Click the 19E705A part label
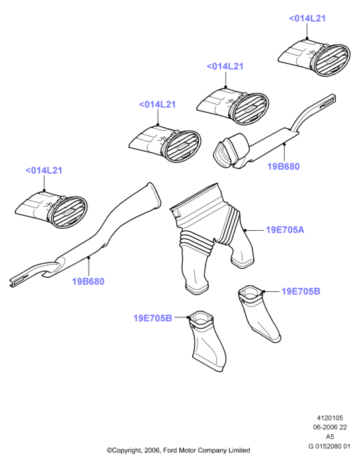coord(285,229)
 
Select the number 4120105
coord(330,418)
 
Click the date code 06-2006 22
coord(330,427)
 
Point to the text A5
coord(330,436)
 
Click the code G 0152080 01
coord(329,446)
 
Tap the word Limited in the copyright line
coord(239,450)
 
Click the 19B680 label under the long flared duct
coord(89,281)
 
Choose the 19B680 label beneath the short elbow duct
coord(283,166)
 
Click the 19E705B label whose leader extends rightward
coord(301,291)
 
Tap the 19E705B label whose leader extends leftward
coord(152,318)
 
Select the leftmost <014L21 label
coord(44,170)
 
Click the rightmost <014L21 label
coord(307,18)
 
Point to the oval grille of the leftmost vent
coord(69,212)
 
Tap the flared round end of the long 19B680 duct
coord(154,195)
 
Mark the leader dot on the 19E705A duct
coord(245,229)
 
